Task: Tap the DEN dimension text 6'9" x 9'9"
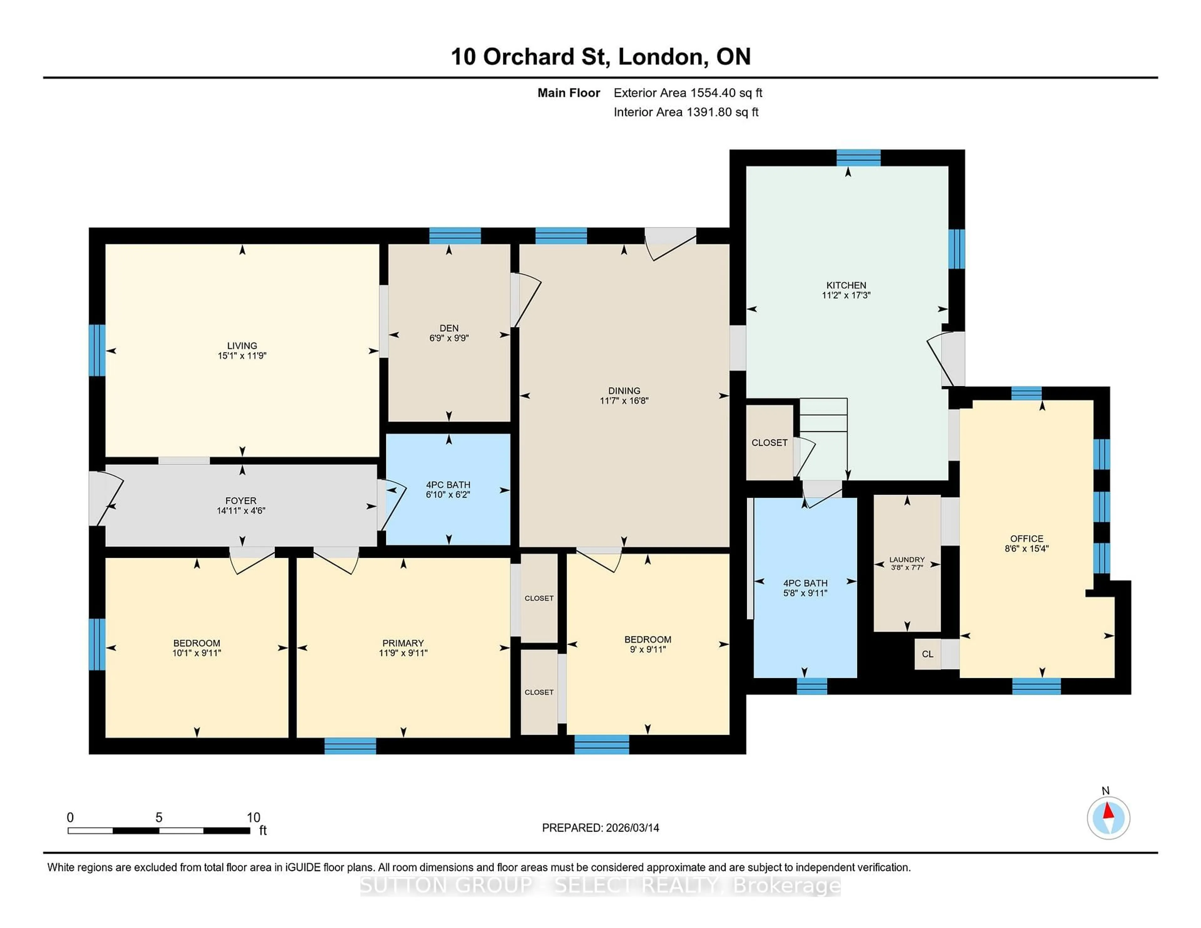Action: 449,338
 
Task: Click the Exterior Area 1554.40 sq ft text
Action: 687,93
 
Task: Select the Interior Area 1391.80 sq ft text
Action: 686,112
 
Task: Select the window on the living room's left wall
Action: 97,350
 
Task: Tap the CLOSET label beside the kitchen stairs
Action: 769,442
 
